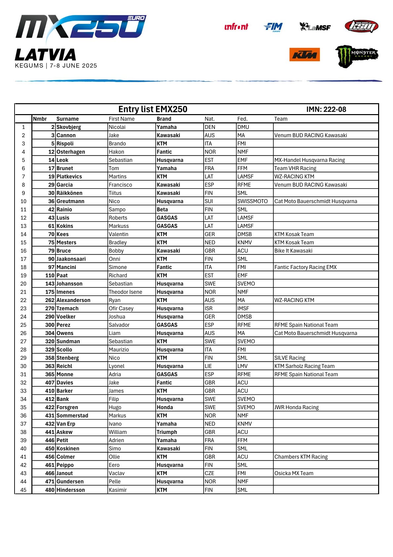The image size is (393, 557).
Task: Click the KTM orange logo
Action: point(304,55)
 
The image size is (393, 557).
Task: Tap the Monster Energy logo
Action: point(357,56)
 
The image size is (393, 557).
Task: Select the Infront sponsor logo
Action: point(236,27)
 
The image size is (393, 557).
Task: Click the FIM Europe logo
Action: point(273,27)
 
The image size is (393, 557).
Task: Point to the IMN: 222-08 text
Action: point(326,109)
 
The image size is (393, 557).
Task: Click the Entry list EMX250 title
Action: point(153,109)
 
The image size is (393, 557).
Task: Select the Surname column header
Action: point(67,119)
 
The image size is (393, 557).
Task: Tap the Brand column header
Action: point(164,119)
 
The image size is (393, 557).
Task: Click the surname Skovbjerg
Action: point(69,127)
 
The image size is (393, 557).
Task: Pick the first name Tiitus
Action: point(115,193)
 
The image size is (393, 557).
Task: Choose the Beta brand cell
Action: point(162,210)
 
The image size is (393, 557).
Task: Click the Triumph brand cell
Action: point(167,432)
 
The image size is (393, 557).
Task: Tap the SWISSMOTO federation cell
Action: point(253,201)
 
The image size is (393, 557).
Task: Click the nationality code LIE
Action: point(208,366)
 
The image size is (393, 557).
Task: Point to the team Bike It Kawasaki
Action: point(293,251)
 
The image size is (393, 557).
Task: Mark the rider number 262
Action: point(50,300)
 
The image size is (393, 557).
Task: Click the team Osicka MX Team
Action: point(294,473)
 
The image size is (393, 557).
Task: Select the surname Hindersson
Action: point(71,490)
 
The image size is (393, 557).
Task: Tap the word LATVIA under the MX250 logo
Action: point(46,55)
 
